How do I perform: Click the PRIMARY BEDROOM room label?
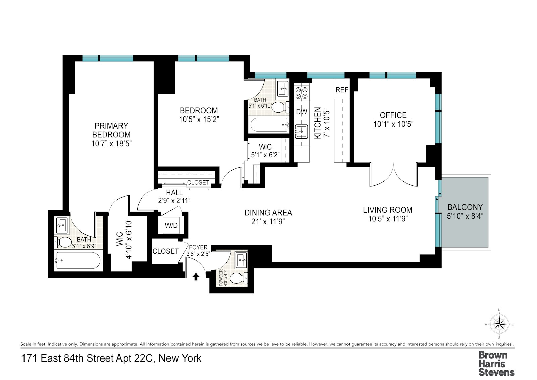111,130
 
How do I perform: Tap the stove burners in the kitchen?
301,93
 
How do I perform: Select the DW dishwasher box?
301,112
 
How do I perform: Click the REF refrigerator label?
342,90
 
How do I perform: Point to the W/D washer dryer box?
171,225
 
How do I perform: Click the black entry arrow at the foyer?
196,277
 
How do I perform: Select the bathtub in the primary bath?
78,260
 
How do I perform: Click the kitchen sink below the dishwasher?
301,131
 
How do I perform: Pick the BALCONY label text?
465,207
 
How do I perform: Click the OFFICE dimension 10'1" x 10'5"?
393,124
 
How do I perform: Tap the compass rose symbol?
499,324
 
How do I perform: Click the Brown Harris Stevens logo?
496,364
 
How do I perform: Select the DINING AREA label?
268,213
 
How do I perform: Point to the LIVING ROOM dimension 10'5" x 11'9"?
388,219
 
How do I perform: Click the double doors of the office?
393,175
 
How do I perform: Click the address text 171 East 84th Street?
111,358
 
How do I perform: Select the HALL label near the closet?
174,193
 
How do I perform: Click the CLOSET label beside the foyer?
165,251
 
